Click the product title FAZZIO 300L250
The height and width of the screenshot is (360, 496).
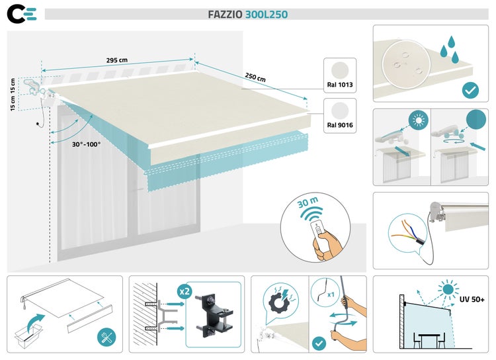tap(248, 14)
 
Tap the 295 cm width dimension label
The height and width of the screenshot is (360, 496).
tap(117, 60)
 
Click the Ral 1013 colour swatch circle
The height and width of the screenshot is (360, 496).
tap(341, 71)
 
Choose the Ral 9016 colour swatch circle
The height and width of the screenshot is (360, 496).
tap(341, 111)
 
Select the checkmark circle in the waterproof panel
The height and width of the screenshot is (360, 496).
tap(470, 89)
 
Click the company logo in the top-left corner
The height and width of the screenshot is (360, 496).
tap(21, 14)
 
